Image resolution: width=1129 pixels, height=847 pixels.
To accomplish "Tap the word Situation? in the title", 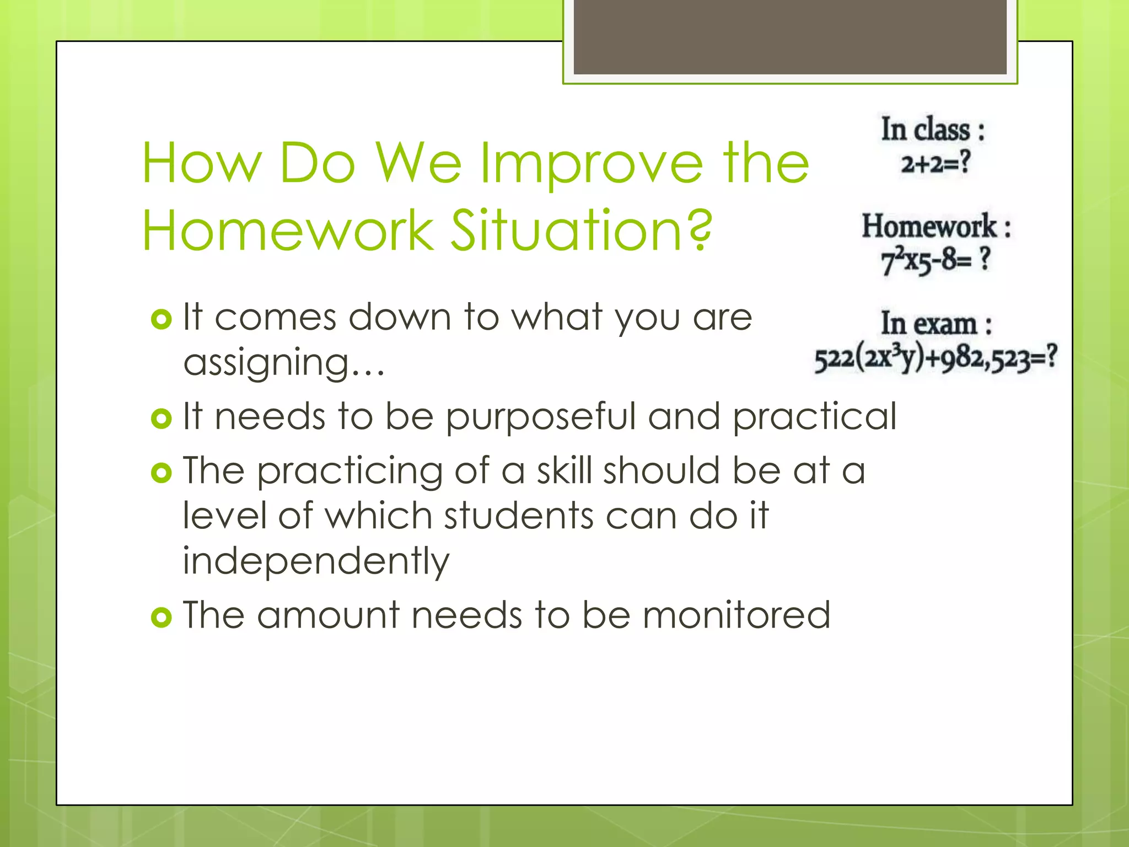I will click(582, 230).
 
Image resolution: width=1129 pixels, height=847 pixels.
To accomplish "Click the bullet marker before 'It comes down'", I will click(161, 319).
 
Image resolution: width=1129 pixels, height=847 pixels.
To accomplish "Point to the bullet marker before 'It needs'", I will click(161, 419).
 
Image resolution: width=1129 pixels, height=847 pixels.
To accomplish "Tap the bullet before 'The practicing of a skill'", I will click(161, 473).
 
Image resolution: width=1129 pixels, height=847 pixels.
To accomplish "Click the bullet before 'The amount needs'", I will click(161, 617).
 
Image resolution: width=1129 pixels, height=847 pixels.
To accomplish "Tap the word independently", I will click(316, 561).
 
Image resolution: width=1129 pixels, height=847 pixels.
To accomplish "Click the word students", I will click(519, 516).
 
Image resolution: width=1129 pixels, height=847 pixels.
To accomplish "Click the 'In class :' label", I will click(932, 130).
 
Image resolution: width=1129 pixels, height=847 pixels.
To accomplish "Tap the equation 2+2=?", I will click(935, 163).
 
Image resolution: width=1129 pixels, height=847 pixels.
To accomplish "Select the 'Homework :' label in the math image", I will click(936, 227).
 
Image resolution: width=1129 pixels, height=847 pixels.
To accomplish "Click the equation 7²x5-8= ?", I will click(935, 260).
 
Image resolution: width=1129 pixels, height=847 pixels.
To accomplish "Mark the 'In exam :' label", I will click(936, 324).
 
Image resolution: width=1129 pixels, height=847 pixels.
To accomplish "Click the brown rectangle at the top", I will click(790, 36).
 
